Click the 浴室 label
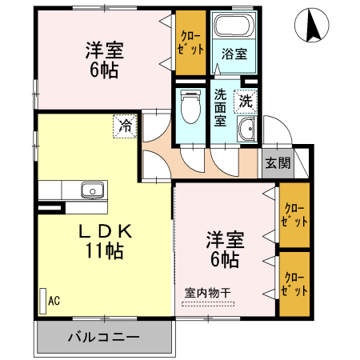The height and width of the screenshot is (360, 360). pos(233,55)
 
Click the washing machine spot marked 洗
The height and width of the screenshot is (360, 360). pos(245,102)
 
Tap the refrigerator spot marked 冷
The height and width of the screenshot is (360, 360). pos(125,126)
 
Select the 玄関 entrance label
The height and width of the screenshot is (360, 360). pos(278,163)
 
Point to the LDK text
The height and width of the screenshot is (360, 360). pos(104,232)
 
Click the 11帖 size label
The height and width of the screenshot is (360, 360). pos(104,250)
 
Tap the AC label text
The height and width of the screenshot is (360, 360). pos(54,301)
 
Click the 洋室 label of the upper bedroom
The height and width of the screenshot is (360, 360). pos(104,50)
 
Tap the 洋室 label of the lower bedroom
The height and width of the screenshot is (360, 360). pos(225,239)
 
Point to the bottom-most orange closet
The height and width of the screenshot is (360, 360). pos(294,285)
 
